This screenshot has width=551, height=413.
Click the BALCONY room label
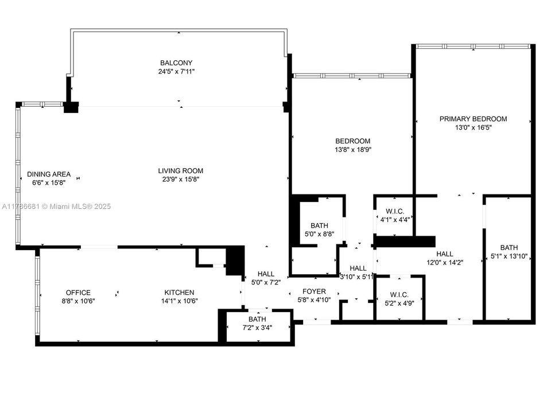tap(176, 63)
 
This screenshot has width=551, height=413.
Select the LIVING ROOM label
tap(181, 170)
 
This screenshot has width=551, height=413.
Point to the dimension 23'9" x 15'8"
tap(181, 179)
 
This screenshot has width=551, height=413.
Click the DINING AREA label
tap(49, 174)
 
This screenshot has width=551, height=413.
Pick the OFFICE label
tap(78, 293)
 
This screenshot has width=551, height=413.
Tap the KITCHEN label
tap(180, 293)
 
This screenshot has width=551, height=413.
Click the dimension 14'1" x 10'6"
tap(180, 301)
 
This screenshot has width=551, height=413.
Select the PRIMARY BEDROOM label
tap(473, 119)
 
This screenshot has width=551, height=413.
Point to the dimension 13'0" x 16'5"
tap(473, 127)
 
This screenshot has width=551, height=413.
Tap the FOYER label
tap(314, 291)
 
